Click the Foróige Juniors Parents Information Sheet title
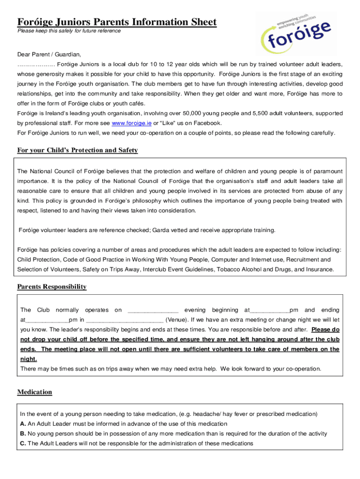pos(117,22)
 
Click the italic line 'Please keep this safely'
pos(69,31)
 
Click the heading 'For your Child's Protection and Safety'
pos(78,150)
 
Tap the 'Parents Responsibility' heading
pos(52,287)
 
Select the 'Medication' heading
pos(35,392)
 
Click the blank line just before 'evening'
pos(152,311)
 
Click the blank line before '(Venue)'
pos(125,320)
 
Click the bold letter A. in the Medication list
pos(23,424)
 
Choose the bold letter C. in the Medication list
pos(23,443)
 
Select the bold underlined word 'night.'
pos(28,359)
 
